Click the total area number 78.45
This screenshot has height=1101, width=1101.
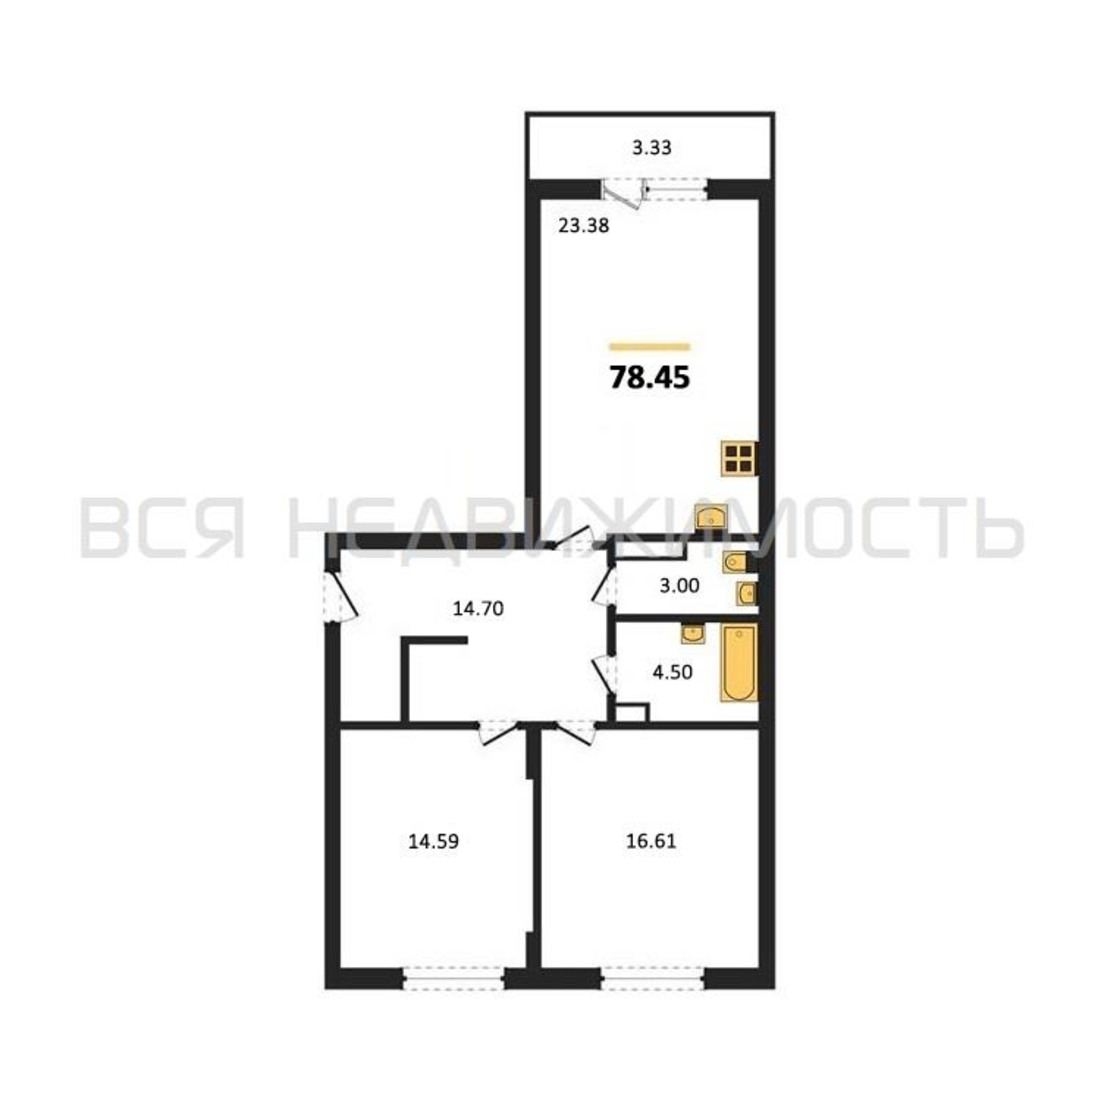point(650,378)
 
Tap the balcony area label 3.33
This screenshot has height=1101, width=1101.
point(652,148)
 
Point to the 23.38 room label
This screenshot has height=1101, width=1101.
point(584,226)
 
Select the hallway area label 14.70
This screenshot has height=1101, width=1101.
point(478,609)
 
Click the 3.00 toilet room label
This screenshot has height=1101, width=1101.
point(679,585)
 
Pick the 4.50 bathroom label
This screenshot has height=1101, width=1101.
point(673,673)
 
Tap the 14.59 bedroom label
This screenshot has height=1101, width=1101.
point(433,841)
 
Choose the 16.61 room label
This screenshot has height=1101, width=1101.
point(651,841)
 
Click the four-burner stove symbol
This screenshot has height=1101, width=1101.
point(739,459)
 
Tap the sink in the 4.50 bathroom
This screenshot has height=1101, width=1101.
point(693,633)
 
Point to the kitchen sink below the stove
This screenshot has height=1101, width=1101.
point(712,517)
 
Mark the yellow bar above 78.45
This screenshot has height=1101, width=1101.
point(650,346)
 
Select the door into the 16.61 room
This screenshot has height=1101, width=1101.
point(576,732)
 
